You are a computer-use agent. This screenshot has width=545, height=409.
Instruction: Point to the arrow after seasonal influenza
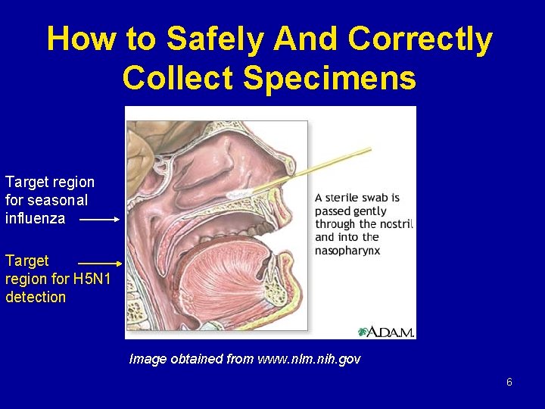click(99, 220)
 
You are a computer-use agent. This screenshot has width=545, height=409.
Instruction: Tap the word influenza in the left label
click(36, 219)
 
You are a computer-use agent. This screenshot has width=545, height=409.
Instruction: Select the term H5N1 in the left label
click(92, 279)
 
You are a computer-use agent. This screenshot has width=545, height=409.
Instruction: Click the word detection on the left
click(36, 297)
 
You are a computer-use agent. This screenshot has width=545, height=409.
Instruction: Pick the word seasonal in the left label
click(59, 201)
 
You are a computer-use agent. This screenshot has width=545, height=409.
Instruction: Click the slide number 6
click(509, 382)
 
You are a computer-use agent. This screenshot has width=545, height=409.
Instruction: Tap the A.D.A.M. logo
click(386, 331)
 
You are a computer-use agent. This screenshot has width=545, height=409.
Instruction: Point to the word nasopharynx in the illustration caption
click(347, 250)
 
